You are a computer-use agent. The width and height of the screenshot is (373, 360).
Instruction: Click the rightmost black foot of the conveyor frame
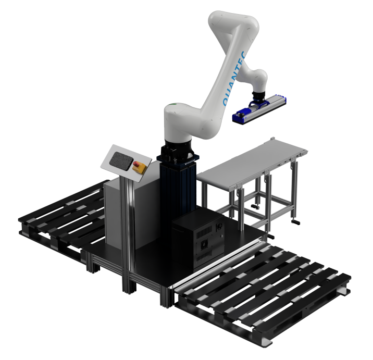[x=296, y=224]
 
